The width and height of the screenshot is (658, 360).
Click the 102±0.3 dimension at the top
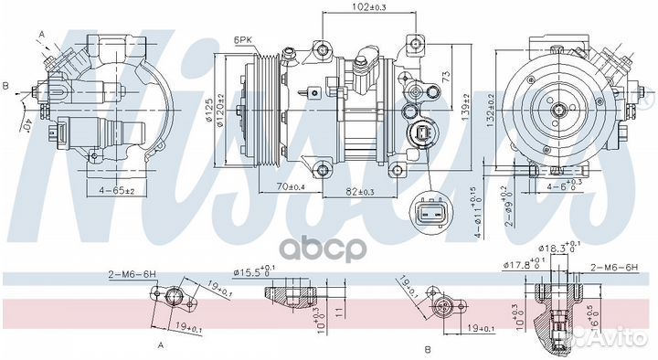pos(368,8)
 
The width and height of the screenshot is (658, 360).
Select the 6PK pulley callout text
pos(243,41)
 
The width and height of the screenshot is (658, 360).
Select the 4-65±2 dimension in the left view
pos(117,190)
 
